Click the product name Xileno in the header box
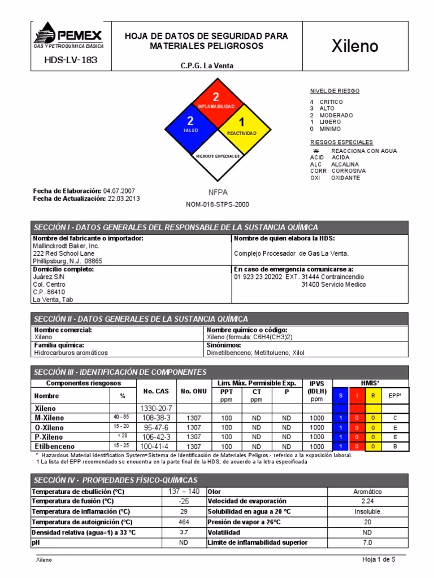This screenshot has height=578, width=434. click(354, 46)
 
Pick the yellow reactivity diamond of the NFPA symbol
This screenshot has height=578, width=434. click(241, 125)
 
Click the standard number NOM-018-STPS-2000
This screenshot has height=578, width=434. click(217, 204)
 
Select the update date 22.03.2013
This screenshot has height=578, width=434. click(124, 199)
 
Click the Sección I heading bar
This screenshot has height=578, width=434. click(218, 227)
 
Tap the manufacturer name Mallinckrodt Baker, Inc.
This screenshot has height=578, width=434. click(67, 246)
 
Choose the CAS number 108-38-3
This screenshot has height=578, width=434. click(155, 418)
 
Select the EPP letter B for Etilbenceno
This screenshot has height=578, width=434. click(396, 446)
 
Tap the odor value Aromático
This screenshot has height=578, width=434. click(367, 492)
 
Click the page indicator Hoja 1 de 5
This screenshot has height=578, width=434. click(379, 559)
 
